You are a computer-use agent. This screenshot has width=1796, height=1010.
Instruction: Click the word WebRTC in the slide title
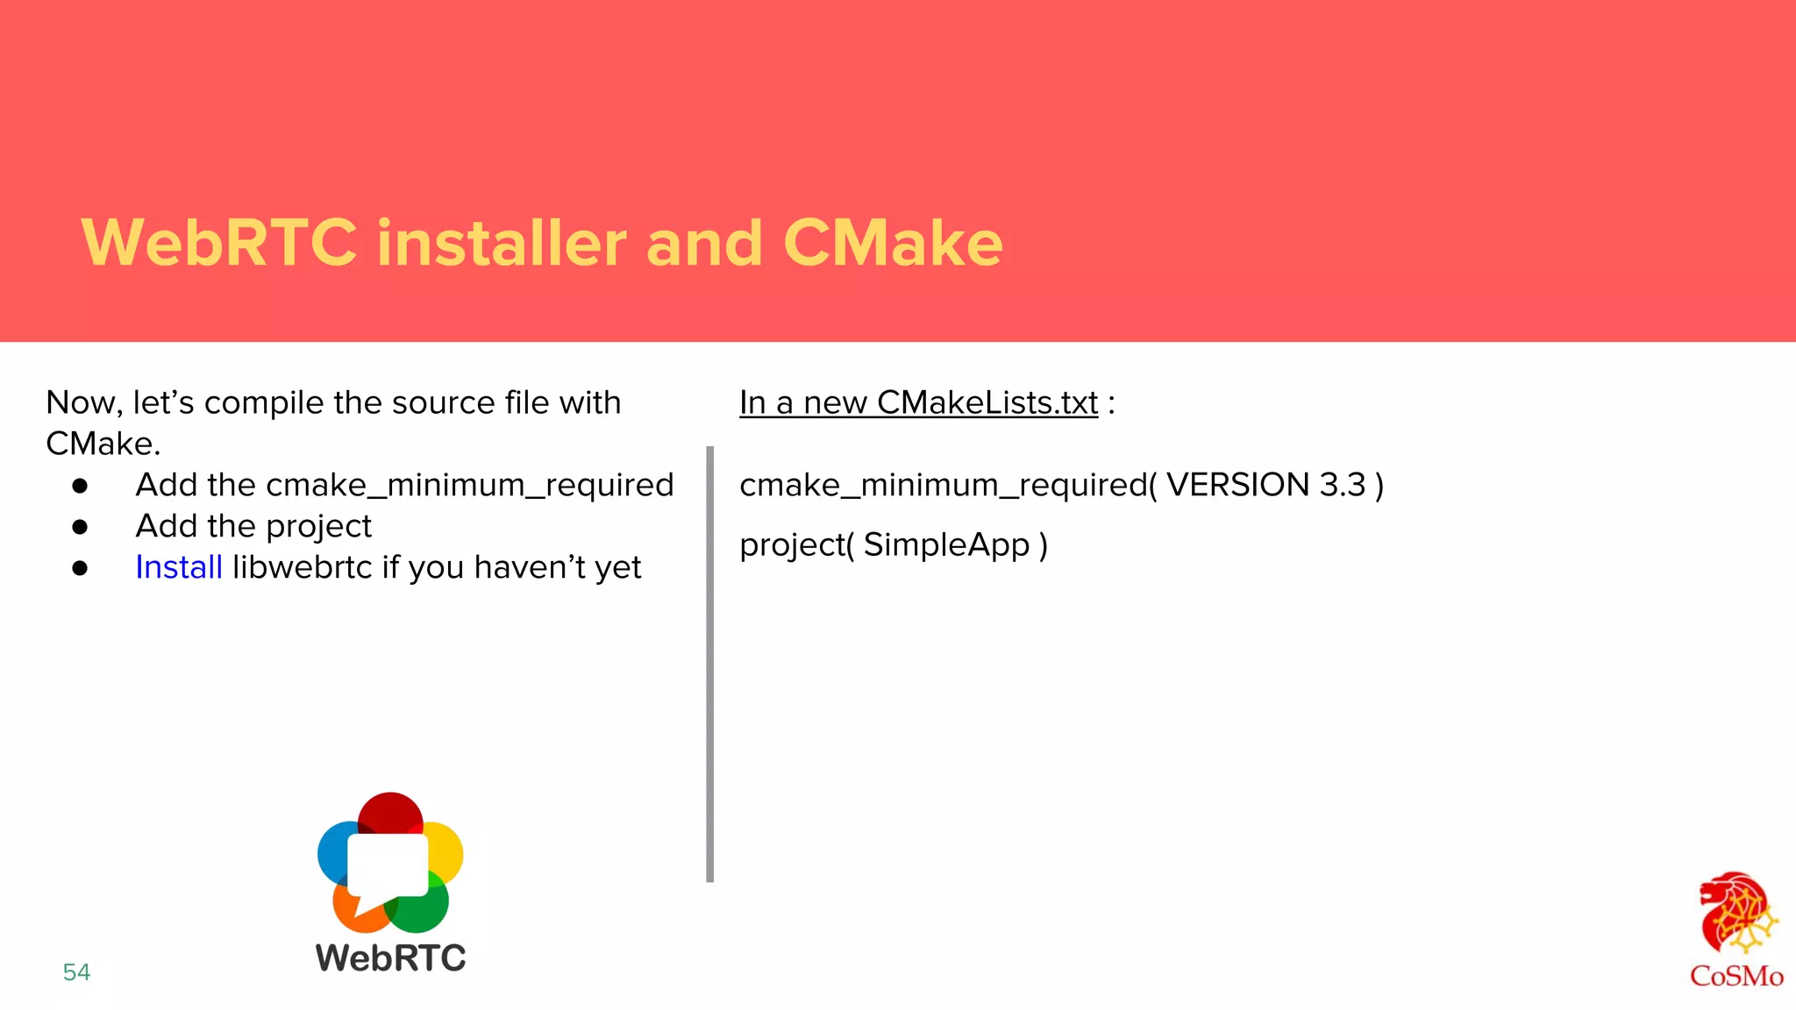[x=219, y=243]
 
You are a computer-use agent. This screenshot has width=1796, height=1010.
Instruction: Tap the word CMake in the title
[x=893, y=243]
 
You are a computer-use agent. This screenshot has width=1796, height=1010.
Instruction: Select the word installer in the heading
[x=502, y=243]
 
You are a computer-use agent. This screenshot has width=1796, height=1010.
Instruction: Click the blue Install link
[x=179, y=567]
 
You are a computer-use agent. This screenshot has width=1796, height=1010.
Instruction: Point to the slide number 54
[x=76, y=971]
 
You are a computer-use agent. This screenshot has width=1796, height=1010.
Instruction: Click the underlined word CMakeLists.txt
[x=987, y=402]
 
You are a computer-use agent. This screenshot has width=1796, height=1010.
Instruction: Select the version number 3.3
[x=1343, y=485]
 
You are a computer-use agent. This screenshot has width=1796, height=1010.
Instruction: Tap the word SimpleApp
[x=946, y=544]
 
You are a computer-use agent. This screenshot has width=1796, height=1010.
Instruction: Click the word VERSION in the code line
[x=1237, y=485]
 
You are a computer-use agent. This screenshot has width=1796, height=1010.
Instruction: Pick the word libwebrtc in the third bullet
[x=303, y=567]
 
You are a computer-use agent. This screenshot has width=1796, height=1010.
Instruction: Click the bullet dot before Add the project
[x=81, y=527]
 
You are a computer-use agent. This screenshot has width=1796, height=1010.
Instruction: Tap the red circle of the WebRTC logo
[x=390, y=811]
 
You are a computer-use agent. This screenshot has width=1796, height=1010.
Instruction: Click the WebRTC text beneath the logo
[x=391, y=957]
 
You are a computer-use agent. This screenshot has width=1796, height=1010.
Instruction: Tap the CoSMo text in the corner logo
[x=1736, y=976]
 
